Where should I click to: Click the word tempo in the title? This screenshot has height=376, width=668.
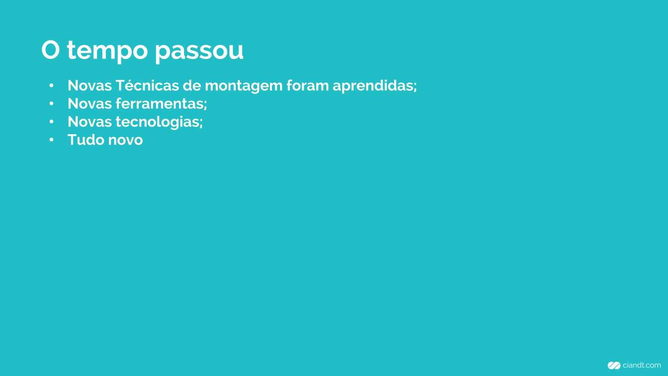107,51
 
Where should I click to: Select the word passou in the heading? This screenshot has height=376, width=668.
199,52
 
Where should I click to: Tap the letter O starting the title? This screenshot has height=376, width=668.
50,50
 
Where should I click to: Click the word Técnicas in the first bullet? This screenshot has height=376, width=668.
147,85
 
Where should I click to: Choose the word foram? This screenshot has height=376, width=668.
308,85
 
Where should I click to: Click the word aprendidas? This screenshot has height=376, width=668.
374,86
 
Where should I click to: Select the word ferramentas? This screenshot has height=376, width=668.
160,104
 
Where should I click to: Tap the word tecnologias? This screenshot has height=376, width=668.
158,122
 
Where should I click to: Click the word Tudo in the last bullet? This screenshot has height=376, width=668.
86,140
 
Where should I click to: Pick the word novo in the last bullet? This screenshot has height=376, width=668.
126,141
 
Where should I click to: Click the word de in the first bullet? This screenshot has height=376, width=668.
192,85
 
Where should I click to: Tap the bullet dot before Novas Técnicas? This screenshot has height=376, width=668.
51,86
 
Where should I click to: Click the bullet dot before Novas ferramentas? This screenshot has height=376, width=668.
51,104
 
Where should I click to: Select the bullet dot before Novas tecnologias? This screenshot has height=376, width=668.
51,122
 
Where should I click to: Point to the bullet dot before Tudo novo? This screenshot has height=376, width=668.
51,140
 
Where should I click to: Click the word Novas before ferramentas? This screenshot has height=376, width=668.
89,104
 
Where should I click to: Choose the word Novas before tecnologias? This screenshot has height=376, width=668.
89,122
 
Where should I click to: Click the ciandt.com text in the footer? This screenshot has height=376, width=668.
642,365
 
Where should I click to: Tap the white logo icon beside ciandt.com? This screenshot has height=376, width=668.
614,366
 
